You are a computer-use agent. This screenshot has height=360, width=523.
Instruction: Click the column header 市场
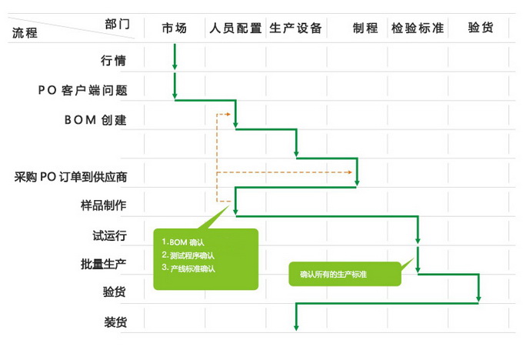175,28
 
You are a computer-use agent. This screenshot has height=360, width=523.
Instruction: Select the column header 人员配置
235,28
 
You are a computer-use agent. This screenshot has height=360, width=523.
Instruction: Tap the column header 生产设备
296,28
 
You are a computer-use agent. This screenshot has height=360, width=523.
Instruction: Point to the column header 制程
365,28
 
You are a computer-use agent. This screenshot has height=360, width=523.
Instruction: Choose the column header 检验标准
418,28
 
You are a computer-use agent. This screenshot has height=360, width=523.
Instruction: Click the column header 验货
480,28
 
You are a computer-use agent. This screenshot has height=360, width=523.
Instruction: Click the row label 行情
113,61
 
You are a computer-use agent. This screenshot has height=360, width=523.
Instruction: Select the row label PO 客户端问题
82,90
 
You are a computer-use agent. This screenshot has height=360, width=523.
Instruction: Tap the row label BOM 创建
95,119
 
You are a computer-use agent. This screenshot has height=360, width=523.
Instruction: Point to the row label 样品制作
104,205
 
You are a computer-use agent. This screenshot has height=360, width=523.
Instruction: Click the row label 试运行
109,235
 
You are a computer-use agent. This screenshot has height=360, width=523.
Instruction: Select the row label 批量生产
104,263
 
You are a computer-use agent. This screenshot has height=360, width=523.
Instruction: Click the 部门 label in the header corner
118,23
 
